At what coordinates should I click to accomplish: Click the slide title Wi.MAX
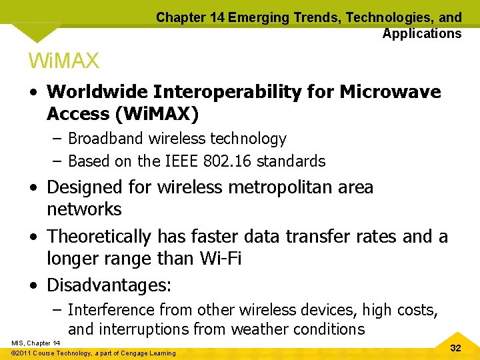click(63, 61)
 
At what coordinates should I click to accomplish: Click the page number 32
click(456, 348)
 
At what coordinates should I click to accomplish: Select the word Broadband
click(107, 139)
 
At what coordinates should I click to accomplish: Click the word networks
click(84, 209)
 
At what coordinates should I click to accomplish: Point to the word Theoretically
click(99, 237)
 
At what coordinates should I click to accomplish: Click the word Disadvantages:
click(109, 286)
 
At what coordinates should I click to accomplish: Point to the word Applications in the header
click(421, 33)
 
